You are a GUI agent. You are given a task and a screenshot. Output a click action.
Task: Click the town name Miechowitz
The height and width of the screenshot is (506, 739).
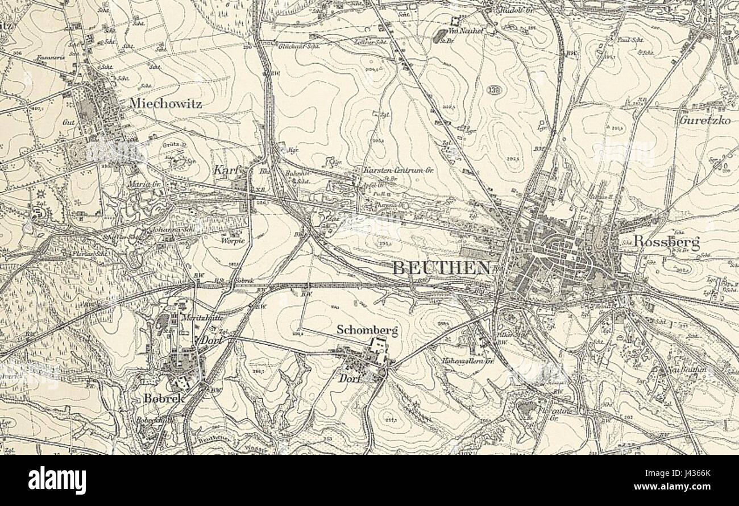click(x=165, y=103)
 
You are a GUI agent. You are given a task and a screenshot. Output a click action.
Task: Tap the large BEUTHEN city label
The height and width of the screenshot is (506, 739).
click(x=441, y=268)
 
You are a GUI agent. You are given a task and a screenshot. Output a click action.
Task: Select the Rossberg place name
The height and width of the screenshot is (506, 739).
click(x=658, y=242)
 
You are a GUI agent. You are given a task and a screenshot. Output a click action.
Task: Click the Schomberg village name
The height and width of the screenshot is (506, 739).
click(x=367, y=330)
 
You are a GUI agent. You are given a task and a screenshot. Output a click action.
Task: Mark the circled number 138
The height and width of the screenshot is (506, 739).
click(x=493, y=90)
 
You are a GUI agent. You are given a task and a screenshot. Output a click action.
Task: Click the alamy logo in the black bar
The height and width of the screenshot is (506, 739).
click(x=57, y=480)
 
